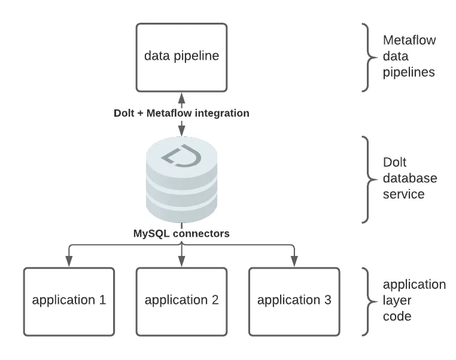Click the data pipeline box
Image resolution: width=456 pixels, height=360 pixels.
pyautogui.click(x=181, y=57)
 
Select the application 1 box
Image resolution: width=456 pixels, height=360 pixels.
pyautogui.click(x=68, y=301)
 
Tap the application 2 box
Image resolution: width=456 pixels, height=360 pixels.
pyautogui.click(x=181, y=301)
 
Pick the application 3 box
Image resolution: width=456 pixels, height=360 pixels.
pyautogui.click(x=294, y=301)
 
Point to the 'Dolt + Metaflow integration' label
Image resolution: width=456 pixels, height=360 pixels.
pyautogui.click(x=181, y=112)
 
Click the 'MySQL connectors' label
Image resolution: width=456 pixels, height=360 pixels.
pyautogui.click(x=181, y=234)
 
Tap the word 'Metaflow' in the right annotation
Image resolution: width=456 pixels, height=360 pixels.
pyautogui.click(x=409, y=41)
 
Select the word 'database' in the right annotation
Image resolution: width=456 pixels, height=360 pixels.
pyautogui.click(x=410, y=178)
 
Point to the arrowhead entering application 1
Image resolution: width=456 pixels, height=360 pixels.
pyautogui.click(x=68, y=261)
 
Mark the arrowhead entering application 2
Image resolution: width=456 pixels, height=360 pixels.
pyautogui.click(x=181, y=261)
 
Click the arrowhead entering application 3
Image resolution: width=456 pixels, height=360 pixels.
pyautogui.click(x=294, y=261)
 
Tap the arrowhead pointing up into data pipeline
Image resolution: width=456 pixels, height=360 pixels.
pyautogui.click(x=181, y=96)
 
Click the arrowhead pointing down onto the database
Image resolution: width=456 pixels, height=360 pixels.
pyautogui.click(x=181, y=132)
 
